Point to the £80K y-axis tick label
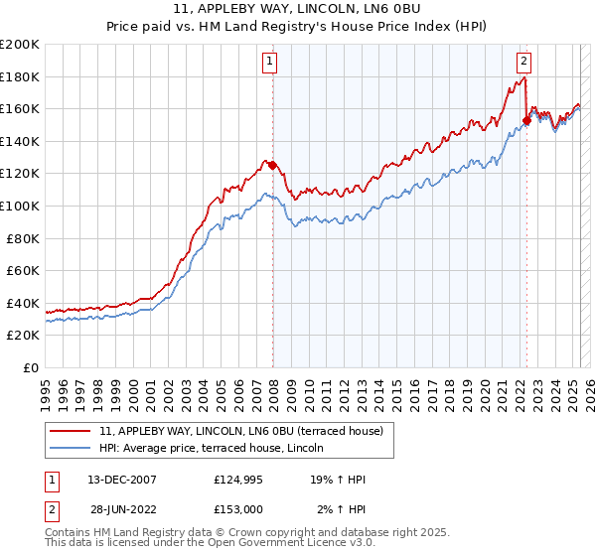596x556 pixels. point(22,238)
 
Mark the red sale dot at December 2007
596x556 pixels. point(272,166)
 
